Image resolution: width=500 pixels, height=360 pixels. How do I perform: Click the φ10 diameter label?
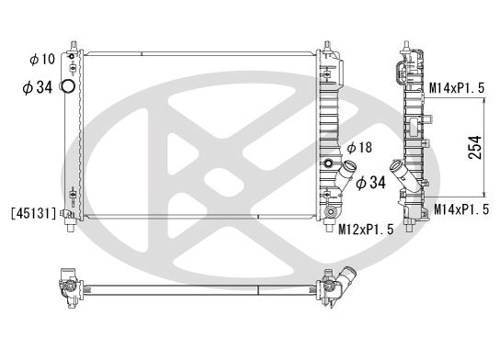(x=41, y=60)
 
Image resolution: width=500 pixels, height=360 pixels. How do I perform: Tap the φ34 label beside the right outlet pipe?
(x=370, y=182)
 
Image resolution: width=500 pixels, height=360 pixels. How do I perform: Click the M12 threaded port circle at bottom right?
(x=328, y=217)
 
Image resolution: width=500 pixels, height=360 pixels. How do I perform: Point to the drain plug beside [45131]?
(x=66, y=214)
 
